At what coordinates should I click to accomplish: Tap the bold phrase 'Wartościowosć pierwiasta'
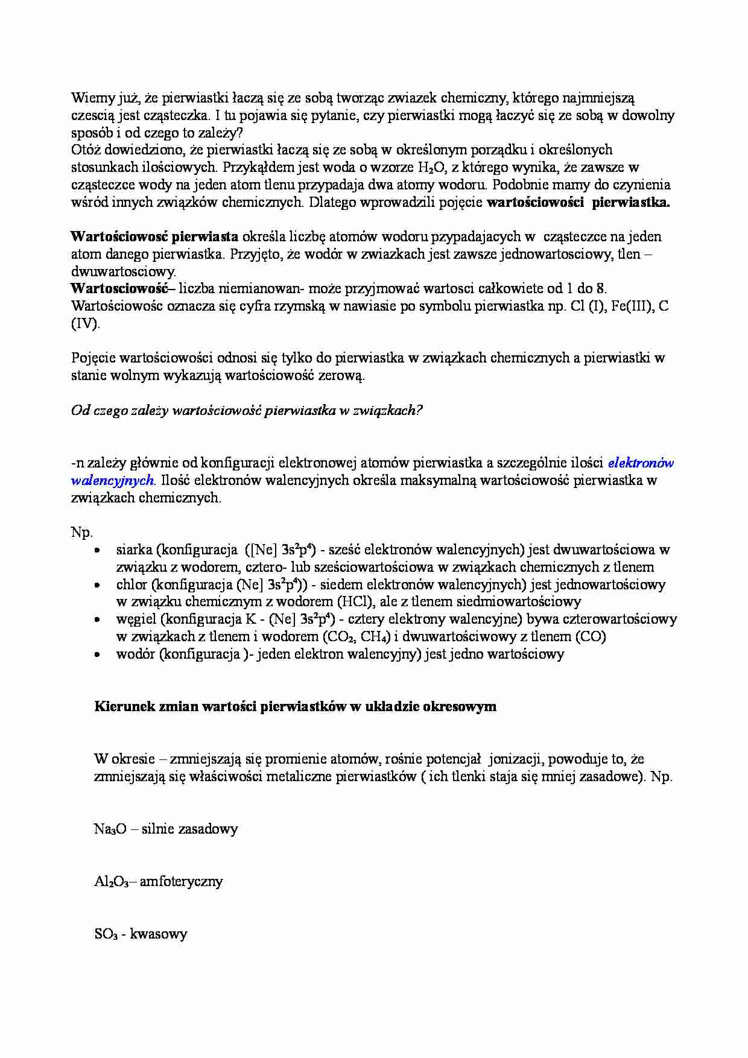[154, 236]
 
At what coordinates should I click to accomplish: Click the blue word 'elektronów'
[641, 463]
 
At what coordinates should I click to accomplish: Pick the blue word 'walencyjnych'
[112, 481]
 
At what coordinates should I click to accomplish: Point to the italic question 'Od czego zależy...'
[247, 411]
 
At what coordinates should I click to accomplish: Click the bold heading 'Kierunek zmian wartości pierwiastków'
[295, 706]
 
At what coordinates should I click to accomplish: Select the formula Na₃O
[110, 829]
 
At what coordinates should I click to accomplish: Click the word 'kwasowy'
[159, 934]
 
